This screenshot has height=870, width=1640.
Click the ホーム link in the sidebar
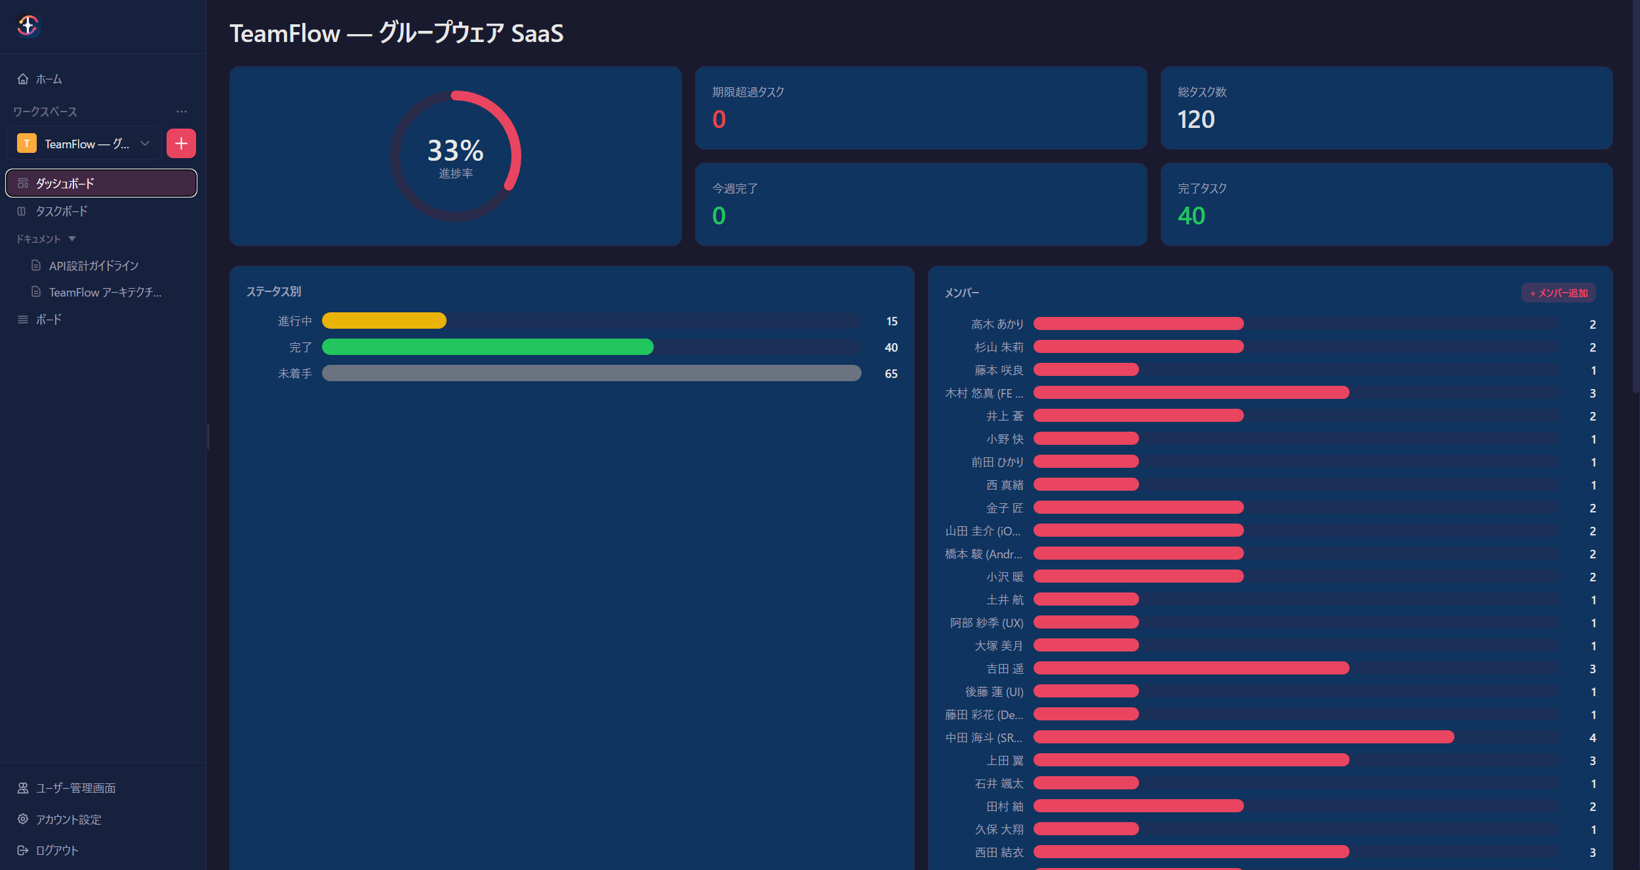[40, 79]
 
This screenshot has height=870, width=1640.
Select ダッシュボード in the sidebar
[101, 183]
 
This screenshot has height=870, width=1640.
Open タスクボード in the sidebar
[52, 211]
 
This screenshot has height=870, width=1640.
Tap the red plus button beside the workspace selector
[181, 144]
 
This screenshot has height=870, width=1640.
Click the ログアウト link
[48, 850]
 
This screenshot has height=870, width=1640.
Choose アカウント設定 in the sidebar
[59, 819]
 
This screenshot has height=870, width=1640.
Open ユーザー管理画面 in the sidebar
[66, 788]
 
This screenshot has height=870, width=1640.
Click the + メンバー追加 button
[1558, 293]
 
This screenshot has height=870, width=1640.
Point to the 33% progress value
[456, 150]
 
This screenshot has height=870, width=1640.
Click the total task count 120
[1196, 119]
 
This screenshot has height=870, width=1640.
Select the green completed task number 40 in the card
[1191, 216]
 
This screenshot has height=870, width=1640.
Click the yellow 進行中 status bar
[384, 321]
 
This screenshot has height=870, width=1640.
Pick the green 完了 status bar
[488, 347]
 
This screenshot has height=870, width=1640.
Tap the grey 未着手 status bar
[591, 373]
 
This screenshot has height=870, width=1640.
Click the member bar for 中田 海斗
[1244, 737]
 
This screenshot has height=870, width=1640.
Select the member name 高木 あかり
[997, 324]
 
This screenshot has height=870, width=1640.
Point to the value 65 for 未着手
[891, 374]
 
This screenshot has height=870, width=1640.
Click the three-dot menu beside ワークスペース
[182, 112]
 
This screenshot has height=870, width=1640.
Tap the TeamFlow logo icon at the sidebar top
[28, 26]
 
